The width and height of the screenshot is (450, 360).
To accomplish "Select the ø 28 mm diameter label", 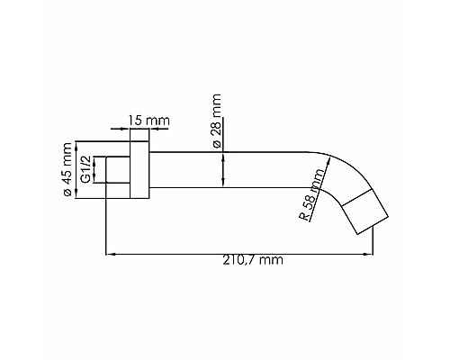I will (215, 115).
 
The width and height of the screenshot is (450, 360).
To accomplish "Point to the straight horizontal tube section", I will (234, 169).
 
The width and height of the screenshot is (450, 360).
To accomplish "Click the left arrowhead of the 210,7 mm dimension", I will (110, 253).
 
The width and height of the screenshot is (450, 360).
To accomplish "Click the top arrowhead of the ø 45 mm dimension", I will (76, 145).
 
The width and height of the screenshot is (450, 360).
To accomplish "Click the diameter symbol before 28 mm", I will (215, 132).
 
